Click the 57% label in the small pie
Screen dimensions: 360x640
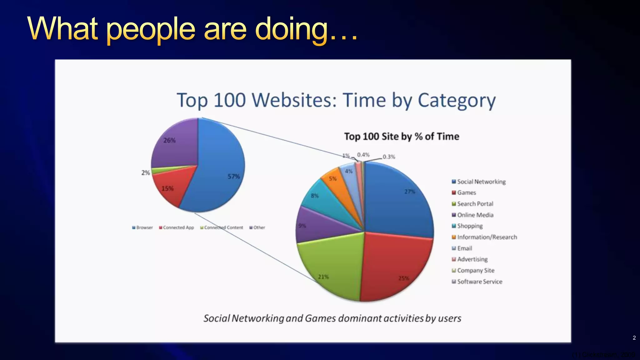click(233, 177)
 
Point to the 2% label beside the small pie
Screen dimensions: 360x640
click(146, 172)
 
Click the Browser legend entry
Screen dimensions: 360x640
click(142, 227)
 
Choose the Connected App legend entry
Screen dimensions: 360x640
click(177, 227)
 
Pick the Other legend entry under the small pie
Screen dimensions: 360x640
click(257, 227)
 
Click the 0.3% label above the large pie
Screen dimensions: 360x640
click(389, 157)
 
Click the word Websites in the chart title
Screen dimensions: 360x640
click(294, 101)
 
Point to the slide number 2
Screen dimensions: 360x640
click(634, 338)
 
